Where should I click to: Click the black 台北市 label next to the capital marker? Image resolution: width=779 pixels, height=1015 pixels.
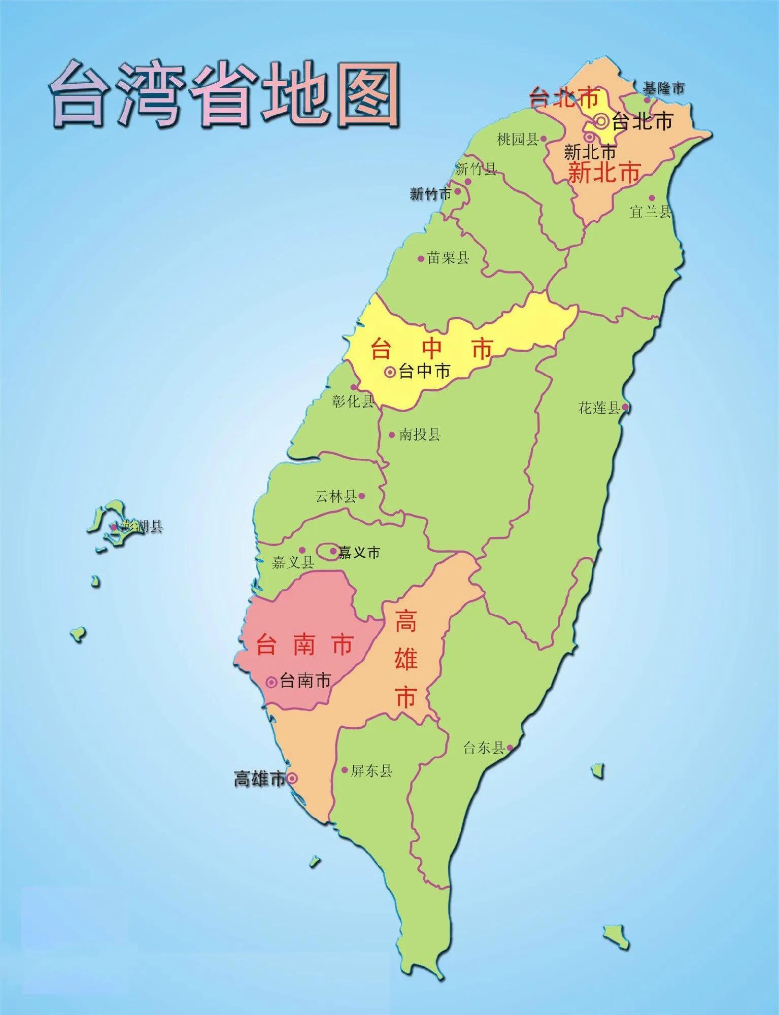coord(642,121)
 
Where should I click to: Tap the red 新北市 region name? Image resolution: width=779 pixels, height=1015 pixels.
coord(604,173)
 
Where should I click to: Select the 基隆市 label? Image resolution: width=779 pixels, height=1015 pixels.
coord(664,88)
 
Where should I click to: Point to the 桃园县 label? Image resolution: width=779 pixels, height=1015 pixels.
coord(517,139)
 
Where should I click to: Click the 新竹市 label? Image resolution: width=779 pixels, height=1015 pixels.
coord(430,193)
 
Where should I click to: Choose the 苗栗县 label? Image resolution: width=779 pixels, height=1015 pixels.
coord(448,258)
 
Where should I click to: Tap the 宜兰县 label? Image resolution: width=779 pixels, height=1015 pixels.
coord(651,212)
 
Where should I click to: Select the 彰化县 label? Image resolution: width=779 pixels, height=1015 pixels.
coord(353,401)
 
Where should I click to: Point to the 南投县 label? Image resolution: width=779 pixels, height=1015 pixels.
coord(419,435)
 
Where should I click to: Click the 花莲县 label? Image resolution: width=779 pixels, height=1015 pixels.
coord(599,408)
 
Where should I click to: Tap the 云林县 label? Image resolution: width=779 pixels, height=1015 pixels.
coord(336,496)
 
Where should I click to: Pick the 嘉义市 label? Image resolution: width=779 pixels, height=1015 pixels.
coord(359,552)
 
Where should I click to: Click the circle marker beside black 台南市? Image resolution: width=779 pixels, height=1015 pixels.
coord(272,682)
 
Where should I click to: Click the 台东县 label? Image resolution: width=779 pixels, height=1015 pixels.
coord(484,748)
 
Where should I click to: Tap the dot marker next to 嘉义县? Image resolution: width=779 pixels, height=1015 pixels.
coord(302,550)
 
